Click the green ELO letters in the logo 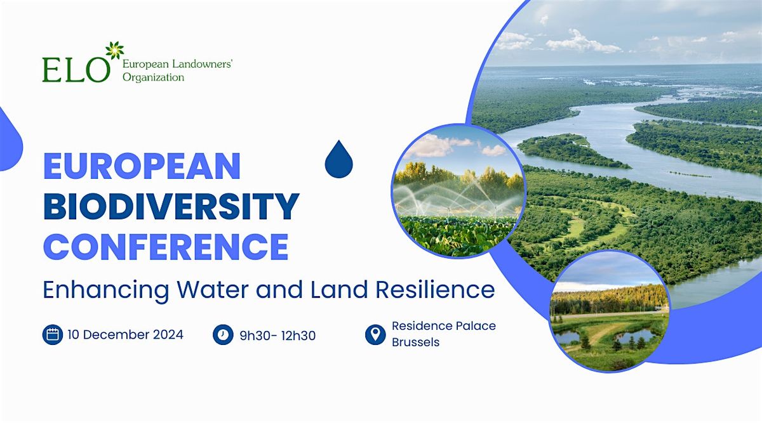(76, 69)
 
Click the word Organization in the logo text (153, 77)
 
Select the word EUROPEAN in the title (142, 167)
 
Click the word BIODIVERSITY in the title (171, 207)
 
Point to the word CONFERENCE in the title (166, 247)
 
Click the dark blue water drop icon (338, 160)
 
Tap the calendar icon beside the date (53, 334)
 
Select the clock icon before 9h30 (223, 334)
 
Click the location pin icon (375, 334)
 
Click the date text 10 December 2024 (124, 334)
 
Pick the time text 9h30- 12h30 (277, 335)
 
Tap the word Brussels (416, 342)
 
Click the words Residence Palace (444, 326)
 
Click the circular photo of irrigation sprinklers (458, 191)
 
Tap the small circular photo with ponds (609, 310)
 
